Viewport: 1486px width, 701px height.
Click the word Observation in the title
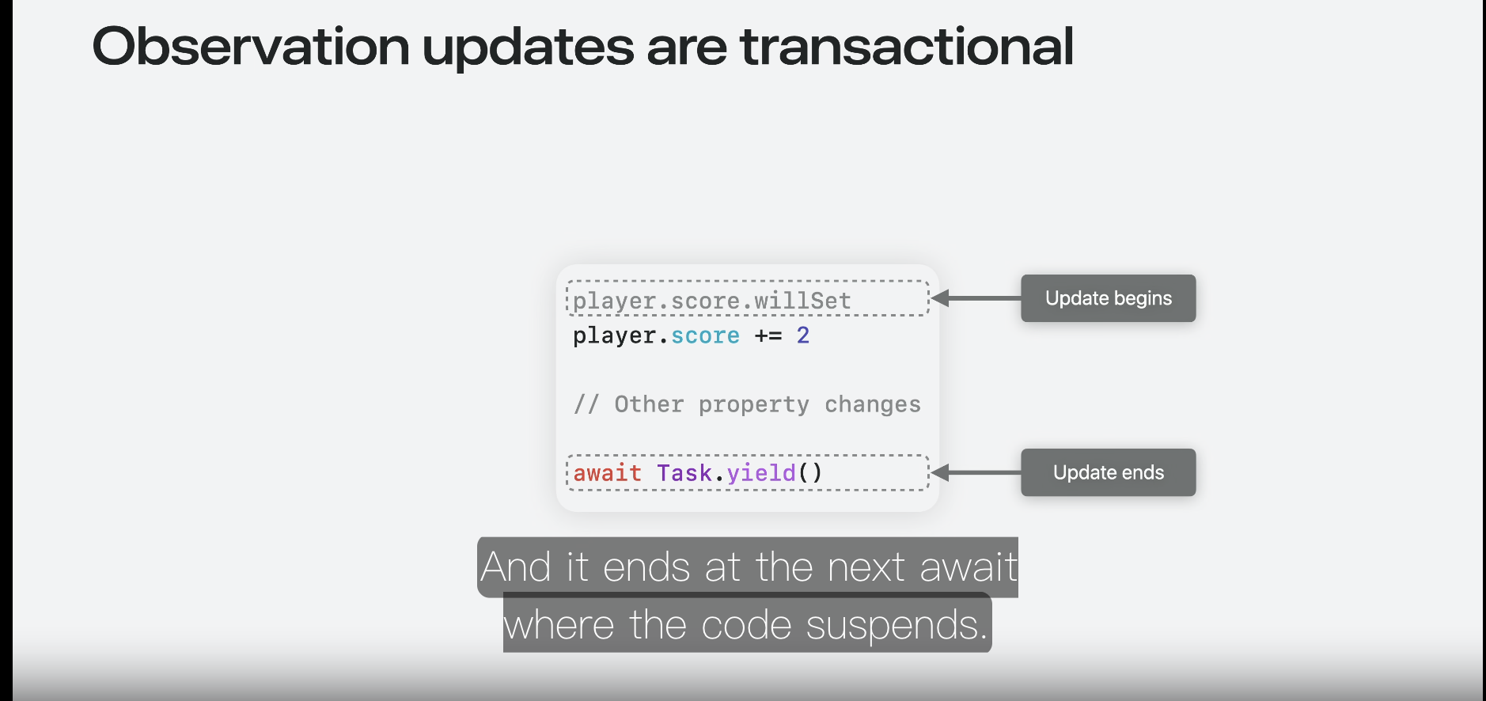click(x=251, y=46)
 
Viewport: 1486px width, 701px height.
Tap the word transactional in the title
click(x=907, y=46)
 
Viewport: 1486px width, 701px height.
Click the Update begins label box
click(x=1108, y=298)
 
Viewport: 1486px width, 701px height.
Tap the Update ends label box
click(x=1108, y=472)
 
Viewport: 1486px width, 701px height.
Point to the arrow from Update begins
click(x=976, y=298)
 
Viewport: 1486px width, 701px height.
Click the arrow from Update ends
click(x=976, y=472)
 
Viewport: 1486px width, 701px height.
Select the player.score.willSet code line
click(x=711, y=301)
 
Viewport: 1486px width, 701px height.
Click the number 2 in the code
click(x=803, y=335)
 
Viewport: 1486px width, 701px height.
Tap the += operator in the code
click(x=768, y=335)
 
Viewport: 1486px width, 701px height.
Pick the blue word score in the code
click(x=705, y=336)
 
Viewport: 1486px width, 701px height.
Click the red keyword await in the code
click(x=607, y=473)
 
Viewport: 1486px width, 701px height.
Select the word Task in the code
click(x=684, y=473)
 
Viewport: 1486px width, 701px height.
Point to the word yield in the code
click(x=761, y=474)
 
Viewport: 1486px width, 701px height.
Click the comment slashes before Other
click(x=586, y=404)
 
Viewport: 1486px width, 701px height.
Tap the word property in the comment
click(x=754, y=405)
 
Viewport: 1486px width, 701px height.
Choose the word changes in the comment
click(x=873, y=405)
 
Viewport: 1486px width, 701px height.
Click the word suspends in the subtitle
click(x=897, y=626)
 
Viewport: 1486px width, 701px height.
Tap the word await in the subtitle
click(x=969, y=567)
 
